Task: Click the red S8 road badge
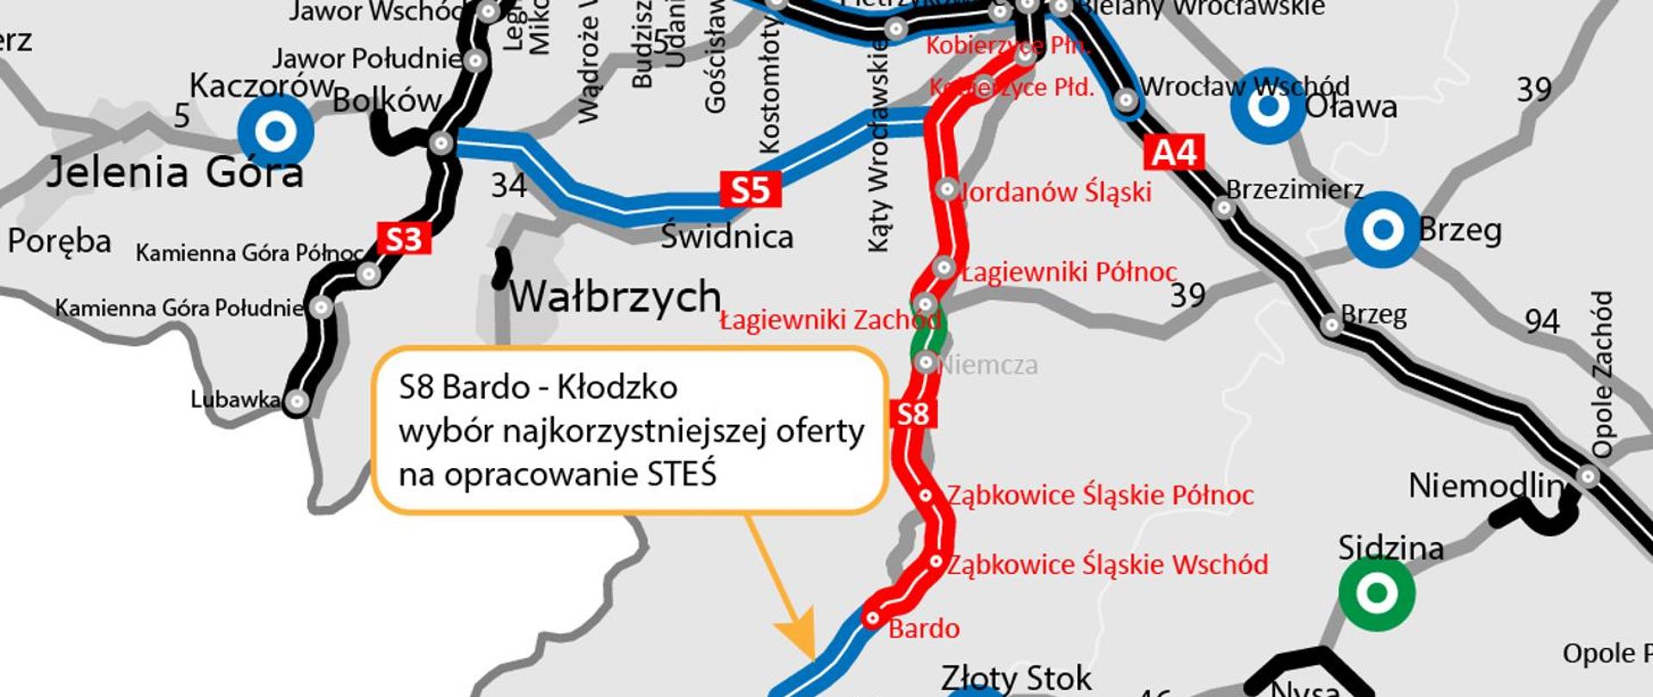pyautogui.click(x=913, y=414)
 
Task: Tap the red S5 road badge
pyautogui.click(x=750, y=189)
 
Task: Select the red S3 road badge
pyautogui.click(x=404, y=238)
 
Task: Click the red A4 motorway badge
pyautogui.click(x=1173, y=153)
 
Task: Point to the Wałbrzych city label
pyautogui.click(x=615, y=298)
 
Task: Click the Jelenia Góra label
pyautogui.click(x=175, y=173)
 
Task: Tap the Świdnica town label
pyautogui.click(x=727, y=237)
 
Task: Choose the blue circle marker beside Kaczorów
pyautogui.click(x=275, y=132)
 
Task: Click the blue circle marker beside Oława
pyautogui.click(x=1268, y=106)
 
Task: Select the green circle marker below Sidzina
pyautogui.click(x=1377, y=593)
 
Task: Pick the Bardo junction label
pyautogui.click(x=924, y=629)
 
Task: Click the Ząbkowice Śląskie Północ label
pyautogui.click(x=1100, y=496)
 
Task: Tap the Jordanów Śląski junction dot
pyautogui.click(x=947, y=189)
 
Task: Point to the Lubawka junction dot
pyautogui.click(x=297, y=401)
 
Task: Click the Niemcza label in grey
pyautogui.click(x=987, y=365)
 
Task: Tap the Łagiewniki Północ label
pyautogui.click(x=1068, y=272)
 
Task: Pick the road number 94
pyautogui.click(x=1542, y=322)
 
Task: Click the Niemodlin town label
pyautogui.click(x=1483, y=487)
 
